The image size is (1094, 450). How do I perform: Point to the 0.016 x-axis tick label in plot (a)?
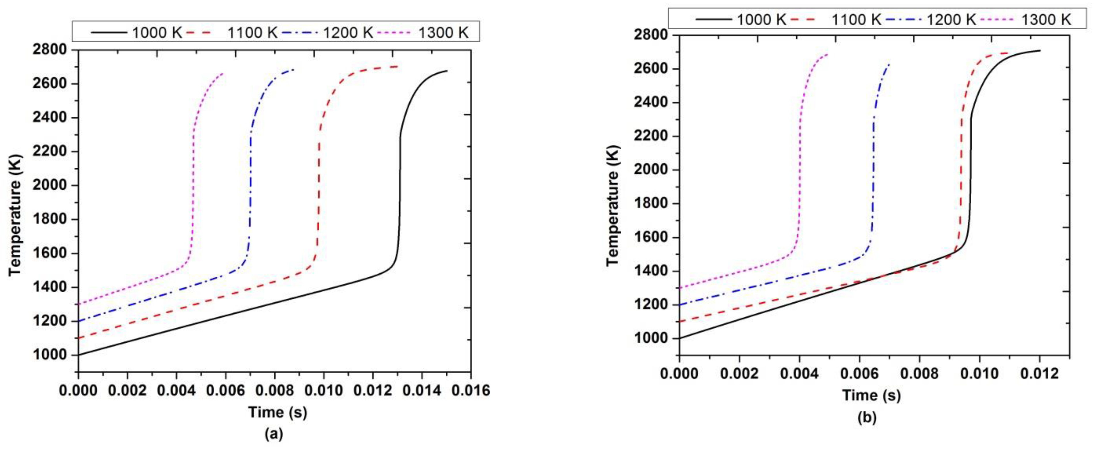coord(470,390)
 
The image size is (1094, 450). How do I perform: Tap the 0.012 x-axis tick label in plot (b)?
coord(1040,373)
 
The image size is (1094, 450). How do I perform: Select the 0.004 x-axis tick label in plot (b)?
coord(800,373)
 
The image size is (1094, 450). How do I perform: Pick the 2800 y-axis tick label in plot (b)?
coord(651,35)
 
